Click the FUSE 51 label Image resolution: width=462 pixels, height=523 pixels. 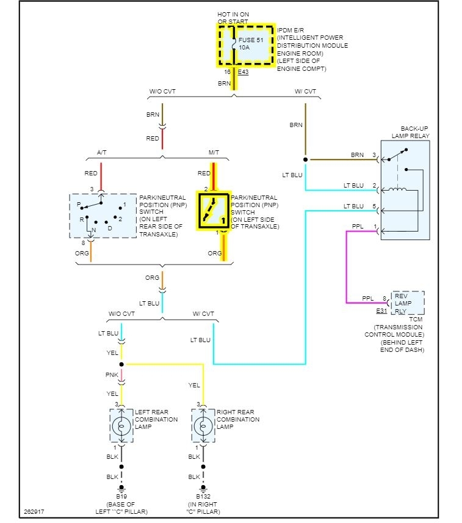coord(251,40)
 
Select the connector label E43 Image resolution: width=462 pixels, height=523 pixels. coord(243,71)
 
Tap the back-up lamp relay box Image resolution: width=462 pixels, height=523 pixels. coord(405,190)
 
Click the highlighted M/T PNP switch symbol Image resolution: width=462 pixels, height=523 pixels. coord(213,211)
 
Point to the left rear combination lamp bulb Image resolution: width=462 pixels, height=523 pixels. coord(121,426)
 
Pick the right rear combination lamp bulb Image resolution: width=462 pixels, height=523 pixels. coord(203,426)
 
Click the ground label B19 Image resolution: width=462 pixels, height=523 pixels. coord(121,496)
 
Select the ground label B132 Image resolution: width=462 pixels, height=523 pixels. coord(203,496)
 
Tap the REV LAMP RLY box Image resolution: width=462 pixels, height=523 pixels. coord(408,303)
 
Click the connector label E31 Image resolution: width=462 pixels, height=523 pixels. coord(381,311)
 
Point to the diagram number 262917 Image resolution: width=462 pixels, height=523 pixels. coord(34,511)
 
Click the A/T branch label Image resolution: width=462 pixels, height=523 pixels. coord(101,152)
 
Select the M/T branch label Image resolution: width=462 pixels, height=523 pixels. coord(214,152)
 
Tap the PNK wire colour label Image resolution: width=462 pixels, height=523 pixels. coord(112,375)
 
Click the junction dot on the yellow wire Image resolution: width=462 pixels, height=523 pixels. coord(121,364)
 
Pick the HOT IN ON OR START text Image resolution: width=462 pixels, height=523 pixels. coord(233,18)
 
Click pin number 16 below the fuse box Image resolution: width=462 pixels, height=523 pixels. coord(227,71)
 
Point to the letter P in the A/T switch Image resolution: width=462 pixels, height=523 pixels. coord(79,204)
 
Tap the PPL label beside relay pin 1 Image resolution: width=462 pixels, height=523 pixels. coord(358,226)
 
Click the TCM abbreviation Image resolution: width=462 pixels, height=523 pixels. coord(416,319)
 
